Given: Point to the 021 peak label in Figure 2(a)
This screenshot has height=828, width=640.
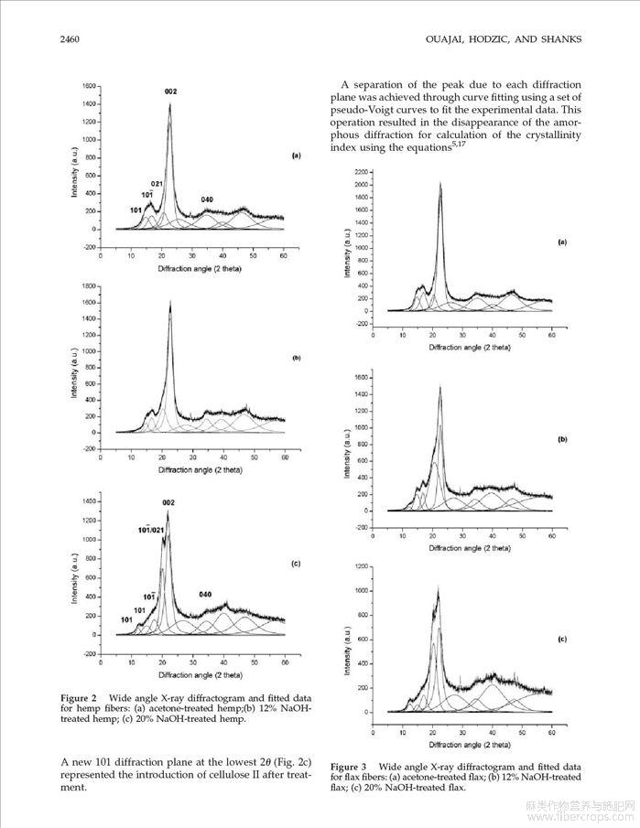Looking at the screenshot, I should tap(157, 184).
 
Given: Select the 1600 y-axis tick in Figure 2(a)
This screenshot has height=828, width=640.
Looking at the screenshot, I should tap(89, 86).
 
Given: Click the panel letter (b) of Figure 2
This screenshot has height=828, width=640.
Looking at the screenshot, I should tap(296, 358).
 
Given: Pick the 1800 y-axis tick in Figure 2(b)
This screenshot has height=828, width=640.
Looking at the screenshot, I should tap(89, 285).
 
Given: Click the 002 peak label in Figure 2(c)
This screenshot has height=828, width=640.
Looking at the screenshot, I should tap(168, 502).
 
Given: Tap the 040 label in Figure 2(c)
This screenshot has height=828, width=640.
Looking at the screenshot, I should tap(206, 595).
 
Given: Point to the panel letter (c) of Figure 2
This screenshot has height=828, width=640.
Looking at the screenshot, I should tap(296, 564).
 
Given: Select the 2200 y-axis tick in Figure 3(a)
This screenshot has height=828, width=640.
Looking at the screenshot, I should tap(361, 172).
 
